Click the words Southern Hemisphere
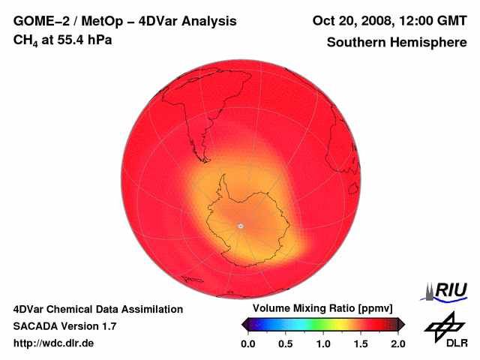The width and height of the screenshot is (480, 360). pyautogui.click(x=396, y=43)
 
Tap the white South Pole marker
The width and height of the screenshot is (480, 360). pyautogui.click(x=240, y=225)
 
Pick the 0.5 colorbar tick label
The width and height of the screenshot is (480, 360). pyautogui.click(x=285, y=343)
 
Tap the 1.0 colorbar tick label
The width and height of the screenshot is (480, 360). pyautogui.click(x=322, y=343)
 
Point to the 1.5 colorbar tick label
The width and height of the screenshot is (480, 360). pyautogui.click(x=361, y=343)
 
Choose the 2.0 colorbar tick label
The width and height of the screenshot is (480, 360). pyautogui.click(x=398, y=343)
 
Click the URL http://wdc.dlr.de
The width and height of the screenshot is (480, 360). pyautogui.click(x=53, y=343)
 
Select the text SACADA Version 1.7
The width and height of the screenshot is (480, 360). pyautogui.click(x=64, y=326)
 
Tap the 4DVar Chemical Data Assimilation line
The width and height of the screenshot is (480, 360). pyautogui.click(x=98, y=309)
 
